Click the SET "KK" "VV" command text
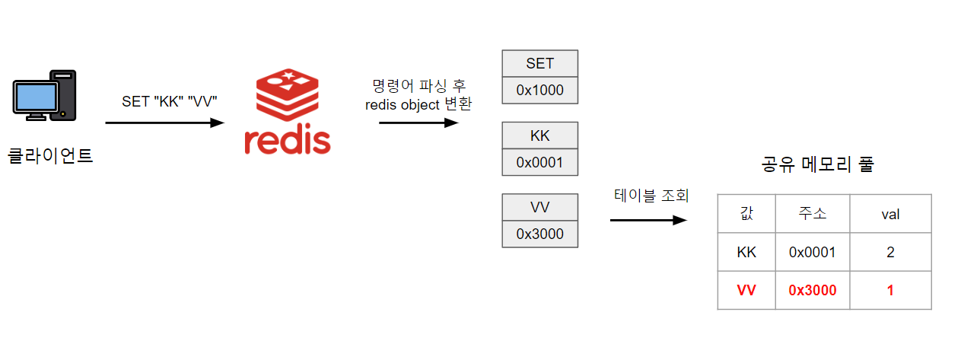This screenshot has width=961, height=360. tap(164, 102)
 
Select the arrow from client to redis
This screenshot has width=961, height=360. tap(164, 123)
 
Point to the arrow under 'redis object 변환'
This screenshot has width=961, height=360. tap(418, 122)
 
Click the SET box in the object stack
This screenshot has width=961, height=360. tap(540, 63)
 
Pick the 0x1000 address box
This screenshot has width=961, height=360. tap(540, 91)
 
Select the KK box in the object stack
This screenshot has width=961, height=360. tap(540, 135)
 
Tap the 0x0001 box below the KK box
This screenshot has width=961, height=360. tap(540, 162)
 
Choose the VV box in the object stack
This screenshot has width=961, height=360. tap(540, 207)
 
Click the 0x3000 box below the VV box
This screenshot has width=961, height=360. tap(540, 234)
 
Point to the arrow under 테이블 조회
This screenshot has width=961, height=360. tap(648, 221)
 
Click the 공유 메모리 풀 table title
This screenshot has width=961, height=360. tap(817, 164)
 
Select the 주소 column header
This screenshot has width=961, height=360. tap(813, 214)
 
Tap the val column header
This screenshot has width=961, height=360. tap(890, 214)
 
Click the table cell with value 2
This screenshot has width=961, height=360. tap(890, 252)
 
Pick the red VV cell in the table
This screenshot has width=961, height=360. tap(746, 291)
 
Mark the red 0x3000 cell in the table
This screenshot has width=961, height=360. tap(813, 291)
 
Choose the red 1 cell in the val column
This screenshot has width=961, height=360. tap(890, 291)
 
